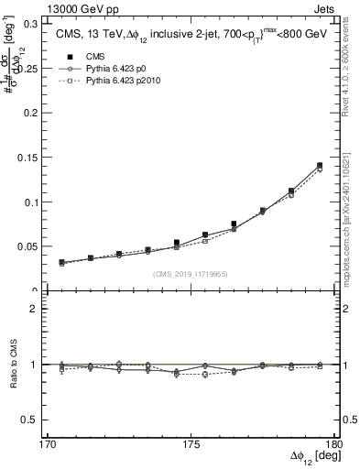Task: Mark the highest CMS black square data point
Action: click(x=320, y=166)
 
